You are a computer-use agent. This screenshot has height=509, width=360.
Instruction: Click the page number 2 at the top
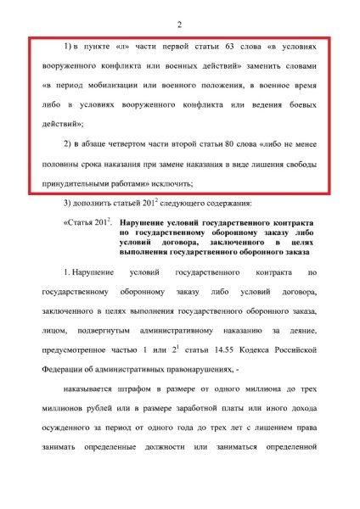point(179,24)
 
